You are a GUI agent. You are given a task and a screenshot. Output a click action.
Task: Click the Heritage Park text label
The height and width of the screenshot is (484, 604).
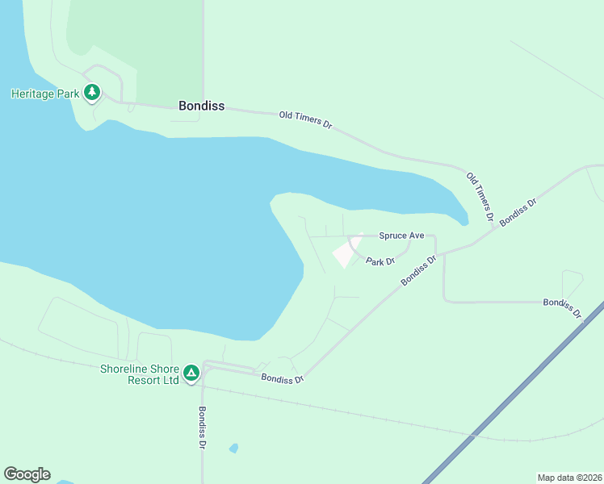[45, 94]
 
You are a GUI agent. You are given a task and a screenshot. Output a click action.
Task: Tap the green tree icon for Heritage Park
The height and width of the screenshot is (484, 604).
[92, 93]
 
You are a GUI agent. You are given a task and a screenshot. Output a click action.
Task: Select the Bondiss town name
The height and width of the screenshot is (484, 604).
[201, 106]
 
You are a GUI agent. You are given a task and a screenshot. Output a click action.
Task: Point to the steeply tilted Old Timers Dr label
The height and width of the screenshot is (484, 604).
[480, 196]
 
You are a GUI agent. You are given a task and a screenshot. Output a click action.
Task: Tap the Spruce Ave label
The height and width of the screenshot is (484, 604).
[401, 236]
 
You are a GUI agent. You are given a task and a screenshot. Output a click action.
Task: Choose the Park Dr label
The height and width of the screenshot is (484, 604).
[380, 261]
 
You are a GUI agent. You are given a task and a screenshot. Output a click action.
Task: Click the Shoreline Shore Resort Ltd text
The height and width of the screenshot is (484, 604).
[139, 374]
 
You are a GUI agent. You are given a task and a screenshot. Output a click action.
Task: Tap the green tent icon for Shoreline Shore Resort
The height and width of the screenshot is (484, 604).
[191, 373]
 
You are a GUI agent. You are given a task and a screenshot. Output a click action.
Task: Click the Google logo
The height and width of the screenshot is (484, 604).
[27, 474]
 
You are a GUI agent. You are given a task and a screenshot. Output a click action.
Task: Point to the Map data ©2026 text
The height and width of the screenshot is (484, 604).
[569, 478]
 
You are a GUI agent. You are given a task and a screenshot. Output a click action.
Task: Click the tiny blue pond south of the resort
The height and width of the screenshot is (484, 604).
[233, 448]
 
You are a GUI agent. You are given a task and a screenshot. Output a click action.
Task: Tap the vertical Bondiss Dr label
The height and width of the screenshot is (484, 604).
[202, 427]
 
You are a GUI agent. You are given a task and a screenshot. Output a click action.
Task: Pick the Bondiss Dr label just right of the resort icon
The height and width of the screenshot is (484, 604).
[282, 378]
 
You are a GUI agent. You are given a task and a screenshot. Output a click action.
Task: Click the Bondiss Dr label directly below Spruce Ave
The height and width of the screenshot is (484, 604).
[419, 270]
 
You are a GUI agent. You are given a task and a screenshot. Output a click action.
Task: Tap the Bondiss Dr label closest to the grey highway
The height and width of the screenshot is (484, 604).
[561, 307]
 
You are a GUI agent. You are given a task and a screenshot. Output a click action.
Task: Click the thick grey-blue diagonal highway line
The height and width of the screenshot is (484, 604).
[509, 395]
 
